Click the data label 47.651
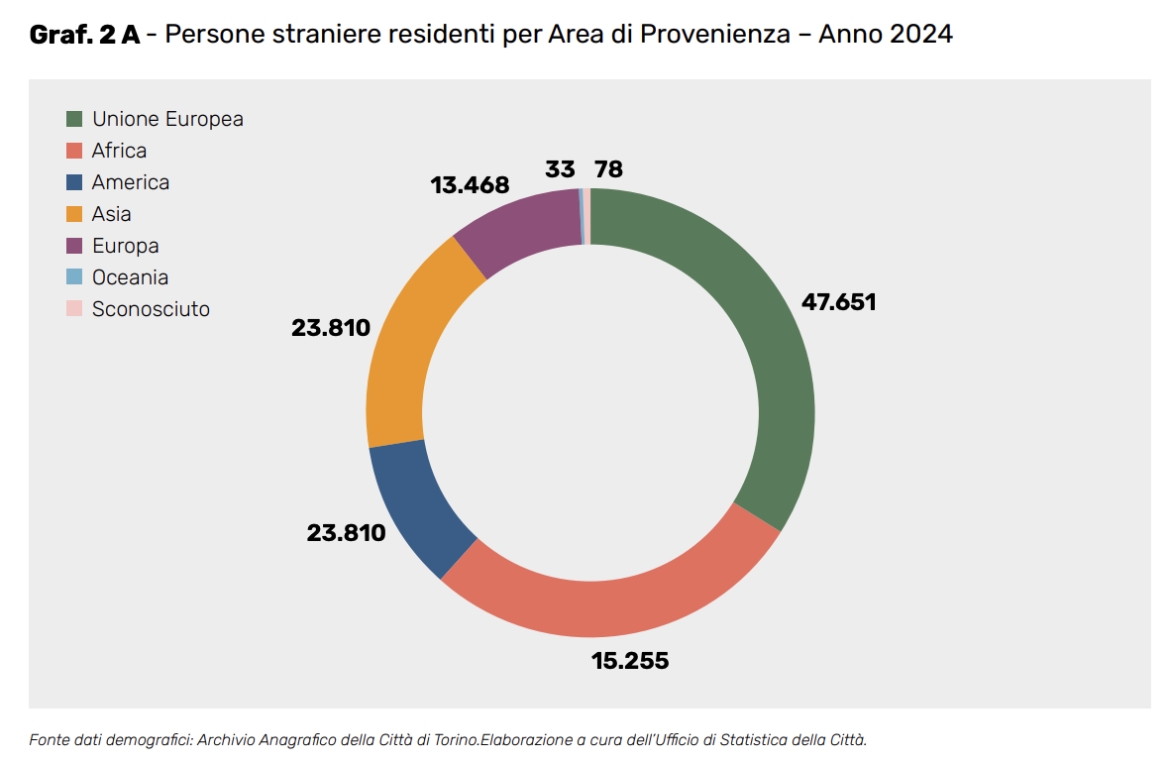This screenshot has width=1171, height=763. pyautogui.click(x=838, y=302)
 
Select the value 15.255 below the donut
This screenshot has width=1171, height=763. pyautogui.click(x=630, y=660)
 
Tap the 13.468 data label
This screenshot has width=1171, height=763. pyautogui.click(x=470, y=185)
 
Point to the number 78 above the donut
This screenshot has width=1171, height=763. pyautogui.click(x=608, y=169)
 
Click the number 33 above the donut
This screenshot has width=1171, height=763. pyautogui.click(x=560, y=169)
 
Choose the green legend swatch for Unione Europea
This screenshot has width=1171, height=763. pyautogui.click(x=74, y=119)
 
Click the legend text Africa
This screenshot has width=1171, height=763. pyautogui.click(x=119, y=151)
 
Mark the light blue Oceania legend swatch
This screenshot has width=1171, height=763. pyautogui.click(x=74, y=277)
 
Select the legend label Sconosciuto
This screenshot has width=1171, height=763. pyautogui.click(x=151, y=309)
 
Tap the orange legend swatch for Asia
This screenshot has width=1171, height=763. pyautogui.click(x=74, y=214)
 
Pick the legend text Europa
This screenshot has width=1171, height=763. pyautogui.click(x=125, y=246)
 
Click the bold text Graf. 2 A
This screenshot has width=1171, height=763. pyautogui.click(x=84, y=35)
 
